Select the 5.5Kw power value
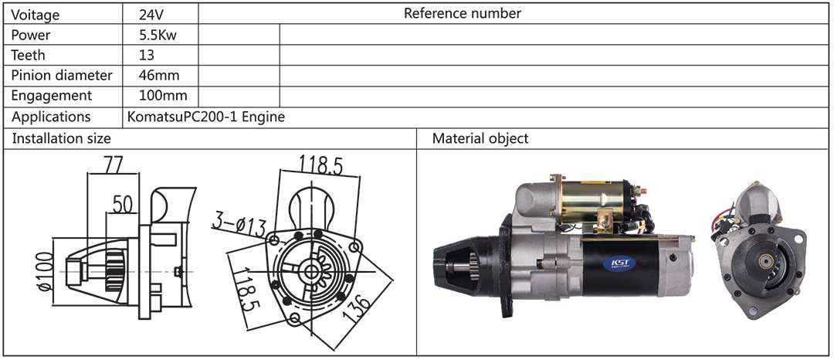pyautogui.click(x=152, y=35)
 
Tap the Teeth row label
pyautogui.click(x=29, y=55)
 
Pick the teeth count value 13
pyautogui.click(x=147, y=55)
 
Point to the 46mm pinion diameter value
pyautogui.click(x=154, y=75)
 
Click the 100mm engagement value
pyautogui.click(x=158, y=95)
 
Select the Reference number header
pyautogui.click(x=463, y=13)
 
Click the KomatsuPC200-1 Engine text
pyautogui.click(x=205, y=117)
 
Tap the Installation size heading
pyautogui.click(x=61, y=138)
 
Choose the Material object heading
pyautogui.click(x=480, y=138)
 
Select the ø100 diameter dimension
pyautogui.click(x=43, y=270)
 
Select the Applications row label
pyautogui.click(x=51, y=117)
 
